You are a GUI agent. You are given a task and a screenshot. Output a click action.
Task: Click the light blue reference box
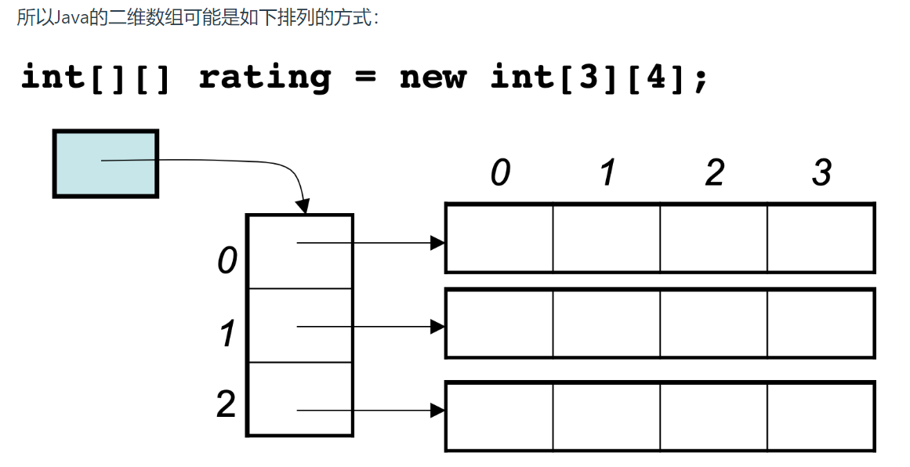(x=105, y=163)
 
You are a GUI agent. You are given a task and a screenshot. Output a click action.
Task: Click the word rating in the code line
(x=265, y=78)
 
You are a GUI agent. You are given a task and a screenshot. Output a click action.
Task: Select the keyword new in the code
(x=433, y=78)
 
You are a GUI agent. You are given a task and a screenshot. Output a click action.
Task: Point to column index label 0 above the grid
(x=500, y=173)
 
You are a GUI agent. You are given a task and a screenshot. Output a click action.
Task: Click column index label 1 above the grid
(x=607, y=173)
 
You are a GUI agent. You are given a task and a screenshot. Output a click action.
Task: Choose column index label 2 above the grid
(x=714, y=173)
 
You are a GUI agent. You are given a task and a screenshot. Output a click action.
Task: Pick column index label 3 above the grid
(x=821, y=173)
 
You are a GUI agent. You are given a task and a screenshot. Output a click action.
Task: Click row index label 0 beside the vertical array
(x=227, y=260)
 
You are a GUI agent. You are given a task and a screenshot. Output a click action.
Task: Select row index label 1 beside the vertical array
(x=227, y=335)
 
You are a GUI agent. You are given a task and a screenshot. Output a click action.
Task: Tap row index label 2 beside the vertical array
(x=227, y=404)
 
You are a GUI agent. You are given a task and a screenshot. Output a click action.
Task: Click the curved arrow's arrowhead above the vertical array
(x=303, y=206)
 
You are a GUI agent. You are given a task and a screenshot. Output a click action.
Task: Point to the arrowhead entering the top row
(x=437, y=243)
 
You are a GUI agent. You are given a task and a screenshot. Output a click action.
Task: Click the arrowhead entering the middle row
(x=437, y=327)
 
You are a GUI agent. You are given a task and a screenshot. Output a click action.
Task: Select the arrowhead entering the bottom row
(x=437, y=410)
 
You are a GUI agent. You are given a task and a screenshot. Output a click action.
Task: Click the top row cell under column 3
(x=820, y=238)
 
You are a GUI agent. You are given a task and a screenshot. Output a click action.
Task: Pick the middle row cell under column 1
(x=606, y=323)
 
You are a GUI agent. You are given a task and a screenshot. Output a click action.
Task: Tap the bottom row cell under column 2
(x=713, y=415)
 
